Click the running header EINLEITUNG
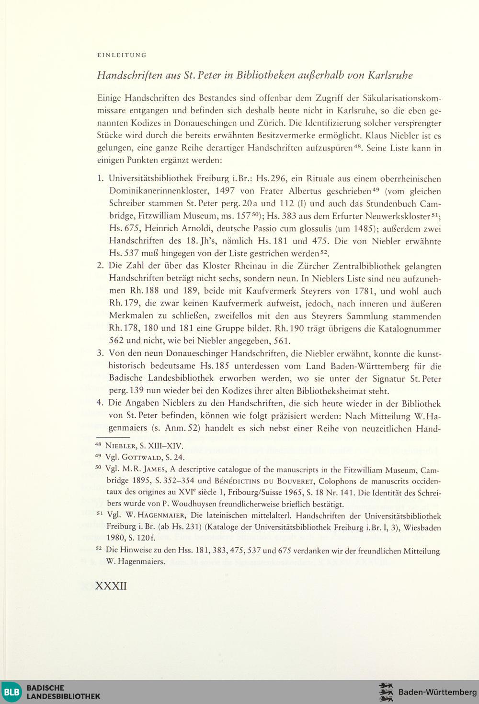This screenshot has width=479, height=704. click(x=122, y=55)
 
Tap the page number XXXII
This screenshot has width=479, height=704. click(x=111, y=586)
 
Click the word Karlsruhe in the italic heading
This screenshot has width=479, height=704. click(x=390, y=75)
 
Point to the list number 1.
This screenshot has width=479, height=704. click(x=100, y=179)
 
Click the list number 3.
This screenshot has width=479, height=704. click(x=100, y=353)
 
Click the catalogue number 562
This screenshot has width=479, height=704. click(x=117, y=341)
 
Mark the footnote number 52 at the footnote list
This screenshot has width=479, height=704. click(x=99, y=549)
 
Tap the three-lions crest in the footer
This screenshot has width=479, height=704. click(x=386, y=692)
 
